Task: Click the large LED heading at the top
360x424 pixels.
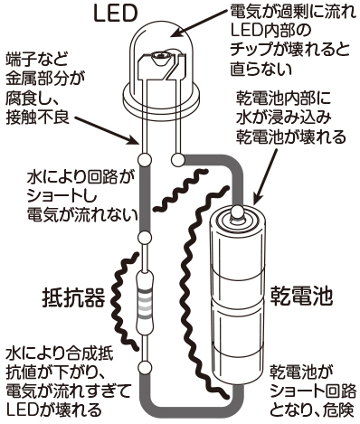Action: (115, 14)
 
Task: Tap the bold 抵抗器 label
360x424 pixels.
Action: (74, 298)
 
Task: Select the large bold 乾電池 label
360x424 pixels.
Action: (301, 296)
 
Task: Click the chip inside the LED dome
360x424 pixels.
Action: (160, 56)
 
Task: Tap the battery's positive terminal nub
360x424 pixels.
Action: (237, 212)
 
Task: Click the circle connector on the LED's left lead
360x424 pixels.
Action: (144, 159)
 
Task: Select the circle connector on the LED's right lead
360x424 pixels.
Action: (177, 159)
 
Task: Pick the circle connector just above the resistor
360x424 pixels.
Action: (144, 238)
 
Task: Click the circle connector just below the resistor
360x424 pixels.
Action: (145, 368)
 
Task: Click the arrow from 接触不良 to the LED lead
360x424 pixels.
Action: (107, 130)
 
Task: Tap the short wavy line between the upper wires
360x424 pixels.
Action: (181, 190)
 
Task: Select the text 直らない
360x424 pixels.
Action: (261, 70)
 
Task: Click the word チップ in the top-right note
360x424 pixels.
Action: (252, 50)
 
